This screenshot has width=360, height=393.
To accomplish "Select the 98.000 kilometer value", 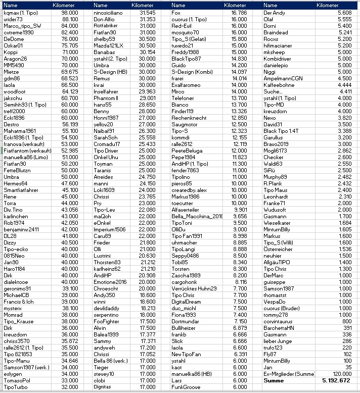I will click(x=69, y=12).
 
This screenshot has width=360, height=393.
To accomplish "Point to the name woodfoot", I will click(x=14, y=91).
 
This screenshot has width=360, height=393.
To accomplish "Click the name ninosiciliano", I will click(x=110, y=12).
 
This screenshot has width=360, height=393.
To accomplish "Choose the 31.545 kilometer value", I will click(x=147, y=12).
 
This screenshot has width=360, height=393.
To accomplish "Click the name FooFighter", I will click(x=106, y=321).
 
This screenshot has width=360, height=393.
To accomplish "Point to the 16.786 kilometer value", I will click(x=239, y=12).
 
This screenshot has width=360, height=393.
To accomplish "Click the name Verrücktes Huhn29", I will click(x=194, y=288).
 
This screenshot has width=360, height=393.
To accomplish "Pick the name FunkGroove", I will click(x=187, y=387).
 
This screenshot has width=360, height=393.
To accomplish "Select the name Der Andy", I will click(x=275, y=12).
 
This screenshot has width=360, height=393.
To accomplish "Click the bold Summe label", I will click(x=274, y=380).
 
